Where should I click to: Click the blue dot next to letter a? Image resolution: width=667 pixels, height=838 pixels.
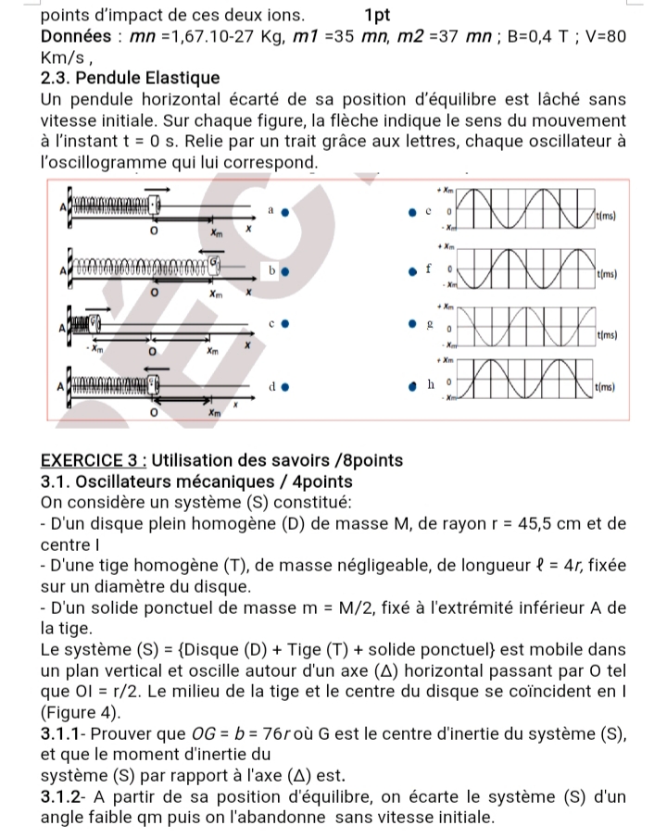(286, 211)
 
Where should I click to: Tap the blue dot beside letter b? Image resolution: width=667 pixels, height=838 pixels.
(286, 272)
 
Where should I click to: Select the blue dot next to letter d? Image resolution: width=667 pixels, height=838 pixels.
(286, 384)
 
